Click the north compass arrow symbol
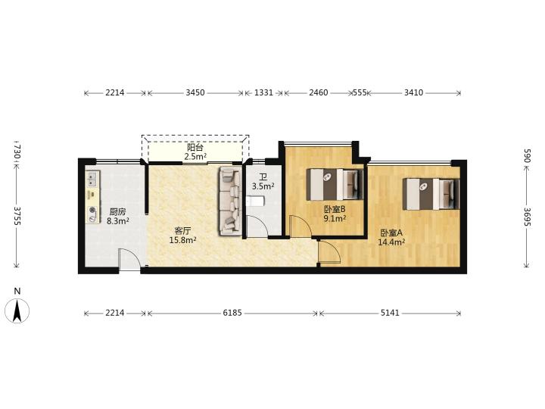[x=17, y=311]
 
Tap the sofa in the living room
[x=230, y=200]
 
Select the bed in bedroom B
[x=335, y=184]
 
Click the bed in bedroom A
[x=431, y=194]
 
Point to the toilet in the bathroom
[x=255, y=201]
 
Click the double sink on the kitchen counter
[x=92, y=179]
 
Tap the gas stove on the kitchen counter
[x=92, y=214]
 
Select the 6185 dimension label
[x=232, y=313]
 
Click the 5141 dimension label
[x=390, y=313]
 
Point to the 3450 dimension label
[x=195, y=93]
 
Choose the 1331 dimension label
[x=264, y=93]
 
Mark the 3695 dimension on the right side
[x=527, y=217]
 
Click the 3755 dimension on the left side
[x=17, y=216]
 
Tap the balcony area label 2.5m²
[x=196, y=157]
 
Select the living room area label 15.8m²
[x=183, y=240]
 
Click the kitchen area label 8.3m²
[x=118, y=221]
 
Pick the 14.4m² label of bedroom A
[x=391, y=242]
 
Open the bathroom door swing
[x=257, y=226]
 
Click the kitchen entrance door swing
[x=129, y=259]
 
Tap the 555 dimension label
[x=360, y=93]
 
